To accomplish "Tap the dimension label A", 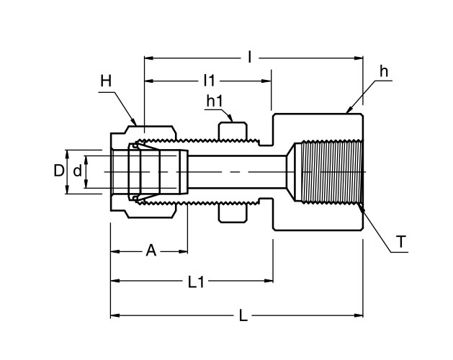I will (x=151, y=251).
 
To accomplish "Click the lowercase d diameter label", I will (x=77, y=171).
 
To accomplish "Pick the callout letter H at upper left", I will (x=106, y=83).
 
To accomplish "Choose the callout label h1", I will (x=214, y=102).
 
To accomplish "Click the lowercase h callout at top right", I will (x=384, y=72).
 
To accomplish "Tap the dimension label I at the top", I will (x=249, y=55).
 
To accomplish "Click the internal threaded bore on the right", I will (x=328, y=172).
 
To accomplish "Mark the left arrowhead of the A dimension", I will (x=114, y=251).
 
